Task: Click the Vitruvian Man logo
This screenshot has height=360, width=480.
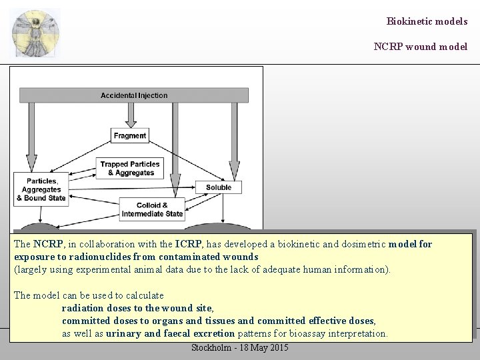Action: pos(35,33)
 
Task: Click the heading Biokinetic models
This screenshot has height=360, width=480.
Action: pos(427,21)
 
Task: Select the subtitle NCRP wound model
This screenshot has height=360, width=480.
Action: pos(420,47)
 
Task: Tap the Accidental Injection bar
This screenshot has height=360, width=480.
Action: pos(134,95)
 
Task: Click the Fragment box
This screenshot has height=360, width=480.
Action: pos(129,135)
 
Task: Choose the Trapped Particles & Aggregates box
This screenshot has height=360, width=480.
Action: pos(130,169)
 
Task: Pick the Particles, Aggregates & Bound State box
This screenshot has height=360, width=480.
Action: pos(41,189)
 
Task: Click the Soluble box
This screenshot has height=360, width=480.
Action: pos(219,187)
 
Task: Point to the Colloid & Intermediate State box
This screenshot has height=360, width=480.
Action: pos(152,209)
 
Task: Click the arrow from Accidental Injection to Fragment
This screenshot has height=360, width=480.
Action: pos(130,115)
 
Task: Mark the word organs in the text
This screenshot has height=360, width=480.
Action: pos(161,321)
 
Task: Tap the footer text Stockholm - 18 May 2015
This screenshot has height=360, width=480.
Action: pos(240,348)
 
